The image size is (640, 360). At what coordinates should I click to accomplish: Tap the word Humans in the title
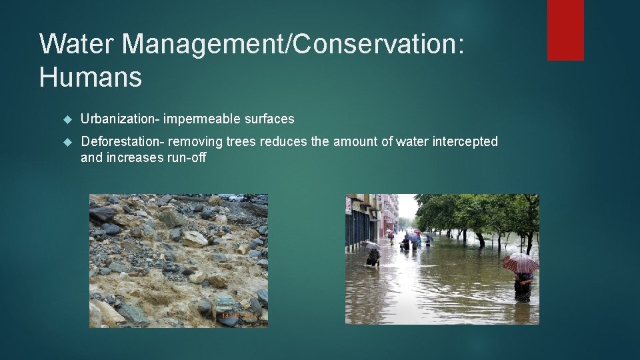click(x=91, y=77)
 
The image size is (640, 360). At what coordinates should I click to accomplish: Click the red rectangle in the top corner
click(x=565, y=30)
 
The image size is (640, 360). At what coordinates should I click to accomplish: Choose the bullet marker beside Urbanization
click(x=66, y=119)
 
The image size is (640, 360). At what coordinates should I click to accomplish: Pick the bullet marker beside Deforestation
click(x=66, y=141)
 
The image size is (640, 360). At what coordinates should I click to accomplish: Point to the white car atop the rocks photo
click(x=237, y=197)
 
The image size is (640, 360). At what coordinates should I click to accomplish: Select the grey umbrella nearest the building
click(x=371, y=245)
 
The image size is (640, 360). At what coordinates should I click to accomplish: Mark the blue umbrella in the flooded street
click(x=413, y=237)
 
